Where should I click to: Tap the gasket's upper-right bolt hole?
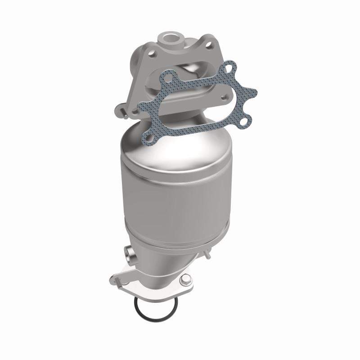click(x=231, y=68)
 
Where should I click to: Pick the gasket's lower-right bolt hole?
click(x=245, y=120)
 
